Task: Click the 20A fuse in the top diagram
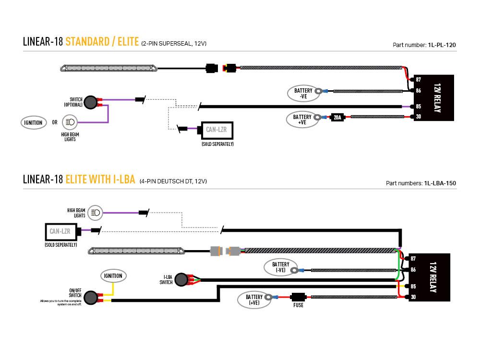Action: [x=337, y=117]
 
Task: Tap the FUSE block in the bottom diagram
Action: [x=298, y=298]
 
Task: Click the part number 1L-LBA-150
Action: [x=440, y=183]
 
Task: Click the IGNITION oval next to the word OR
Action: [x=34, y=122]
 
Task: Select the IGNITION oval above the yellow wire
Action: [x=113, y=276]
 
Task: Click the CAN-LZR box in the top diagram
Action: [x=217, y=130]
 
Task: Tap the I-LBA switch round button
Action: [x=181, y=279]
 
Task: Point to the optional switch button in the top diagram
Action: [x=90, y=101]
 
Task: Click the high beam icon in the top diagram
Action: [x=70, y=122]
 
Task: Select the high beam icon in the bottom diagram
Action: [x=96, y=212]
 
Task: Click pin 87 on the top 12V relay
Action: [x=418, y=79]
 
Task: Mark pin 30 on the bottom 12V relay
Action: [x=413, y=298]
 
